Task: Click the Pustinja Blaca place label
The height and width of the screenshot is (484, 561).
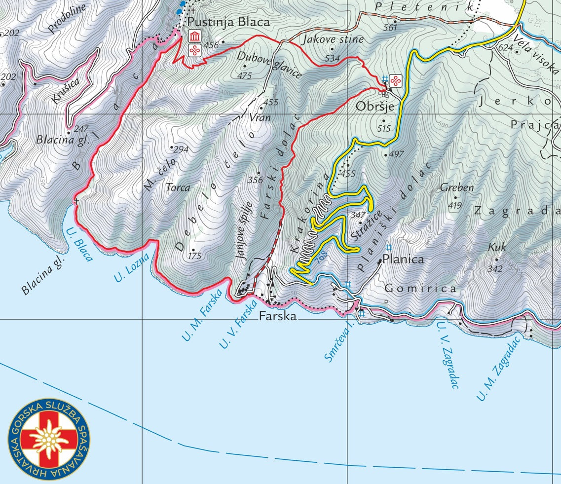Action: [228, 22]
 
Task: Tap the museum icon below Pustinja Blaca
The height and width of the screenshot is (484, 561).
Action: [195, 37]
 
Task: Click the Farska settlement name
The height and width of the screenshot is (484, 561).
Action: [278, 316]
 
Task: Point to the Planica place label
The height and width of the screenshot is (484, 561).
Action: [404, 260]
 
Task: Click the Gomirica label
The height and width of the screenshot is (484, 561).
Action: [420, 289]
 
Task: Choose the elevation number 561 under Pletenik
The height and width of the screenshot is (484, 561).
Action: [390, 28]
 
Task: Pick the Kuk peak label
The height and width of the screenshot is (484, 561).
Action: [497, 248]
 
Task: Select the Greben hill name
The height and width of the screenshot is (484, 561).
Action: [457, 187]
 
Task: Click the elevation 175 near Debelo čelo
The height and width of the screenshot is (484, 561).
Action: [195, 256]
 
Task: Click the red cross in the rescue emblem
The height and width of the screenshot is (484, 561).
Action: [48, 440]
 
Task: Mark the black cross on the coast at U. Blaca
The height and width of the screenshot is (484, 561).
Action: [76, 201]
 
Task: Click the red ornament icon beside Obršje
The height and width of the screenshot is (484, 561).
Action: [395, 80]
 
